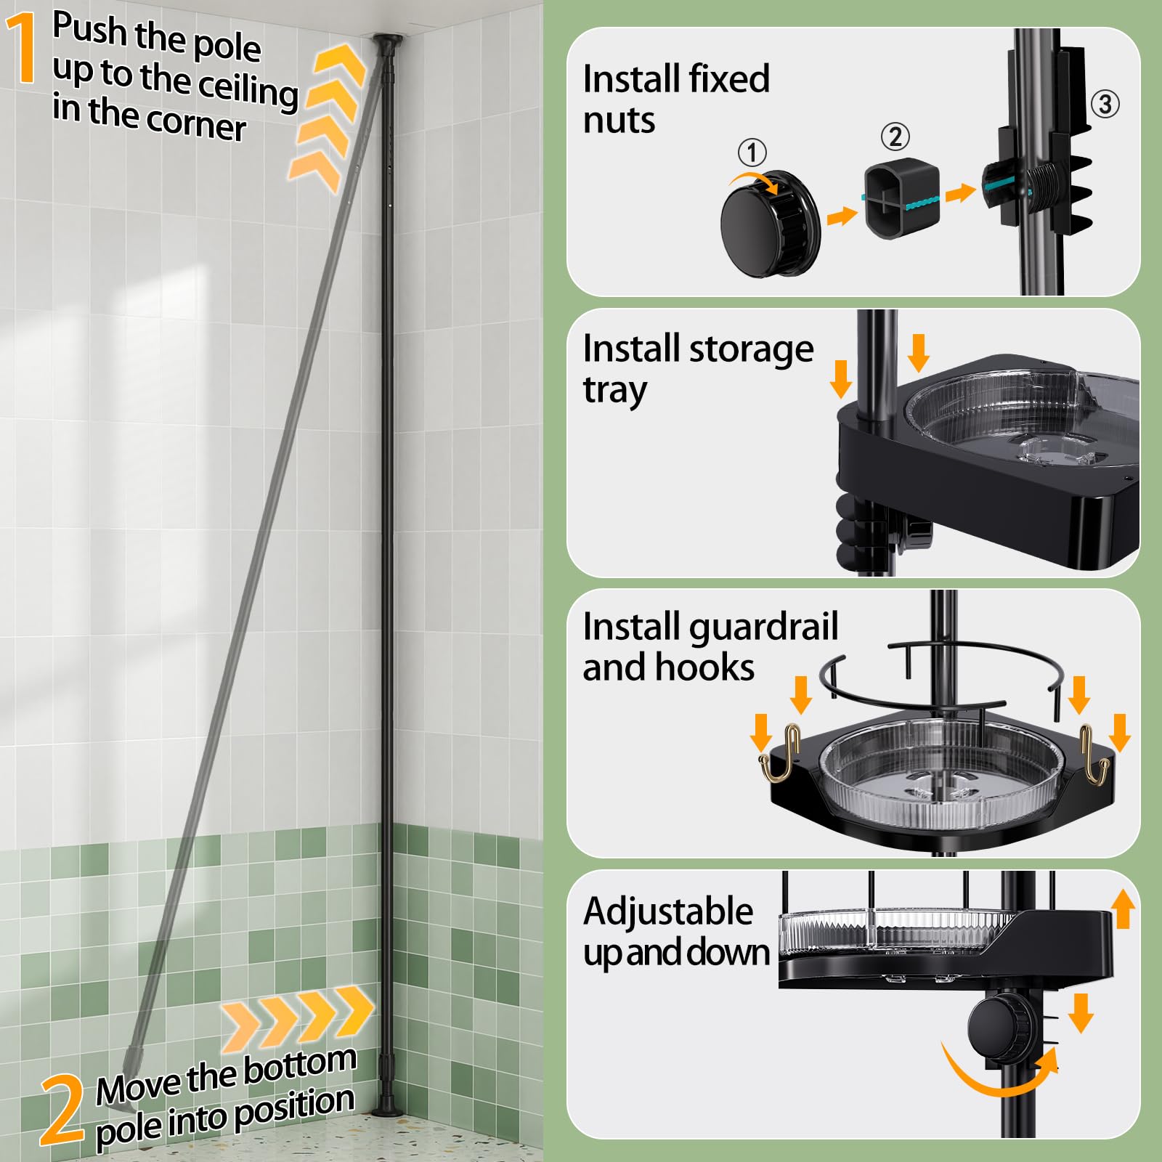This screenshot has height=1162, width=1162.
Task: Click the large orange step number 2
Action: (62, 1109)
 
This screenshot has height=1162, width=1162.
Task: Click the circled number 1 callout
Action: (752, 153)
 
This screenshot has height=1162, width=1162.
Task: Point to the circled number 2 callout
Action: (895, 137)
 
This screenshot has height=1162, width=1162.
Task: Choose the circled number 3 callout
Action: (1105, 104)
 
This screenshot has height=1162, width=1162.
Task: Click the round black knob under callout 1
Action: (769, 223)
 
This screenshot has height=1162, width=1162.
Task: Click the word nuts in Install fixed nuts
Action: (619, 121)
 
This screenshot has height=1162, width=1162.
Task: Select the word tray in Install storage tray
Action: (614, 391)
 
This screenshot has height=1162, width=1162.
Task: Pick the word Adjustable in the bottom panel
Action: (668, 912)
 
